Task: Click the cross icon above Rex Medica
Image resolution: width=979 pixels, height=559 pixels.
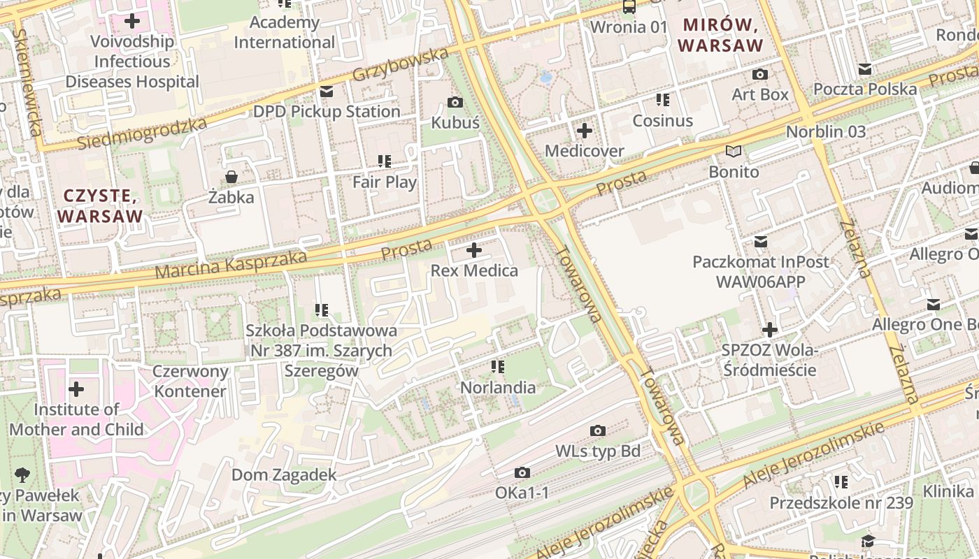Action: coord(474,249)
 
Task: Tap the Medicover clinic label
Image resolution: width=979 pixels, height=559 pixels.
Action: coord(584,151)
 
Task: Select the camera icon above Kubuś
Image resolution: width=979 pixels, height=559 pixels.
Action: coord(455,103)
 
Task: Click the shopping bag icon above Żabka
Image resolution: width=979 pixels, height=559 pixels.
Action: coord(231,177)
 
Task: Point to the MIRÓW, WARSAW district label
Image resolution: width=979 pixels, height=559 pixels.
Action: coord(720,36)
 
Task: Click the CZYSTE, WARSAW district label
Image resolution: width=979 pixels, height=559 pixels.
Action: coord(100,205)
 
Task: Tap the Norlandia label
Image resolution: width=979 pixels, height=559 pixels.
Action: coord(497,387)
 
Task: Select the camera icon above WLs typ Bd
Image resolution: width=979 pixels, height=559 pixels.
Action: coord(597,430)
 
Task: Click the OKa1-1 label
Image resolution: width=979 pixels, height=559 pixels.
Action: coord(522,493)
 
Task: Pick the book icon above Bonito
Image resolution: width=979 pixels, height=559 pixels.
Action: coord(733,151)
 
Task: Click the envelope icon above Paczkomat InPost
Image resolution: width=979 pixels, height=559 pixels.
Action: coord(760,242)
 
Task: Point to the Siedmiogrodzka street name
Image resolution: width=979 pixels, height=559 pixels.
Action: coord(142,133)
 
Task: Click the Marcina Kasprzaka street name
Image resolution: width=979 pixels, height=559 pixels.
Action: coord(231,265)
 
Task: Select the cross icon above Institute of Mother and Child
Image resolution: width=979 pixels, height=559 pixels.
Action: coord(76,389)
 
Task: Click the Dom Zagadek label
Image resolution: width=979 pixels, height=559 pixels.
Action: coord(284,475)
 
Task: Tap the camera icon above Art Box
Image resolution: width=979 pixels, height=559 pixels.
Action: coord(759,74)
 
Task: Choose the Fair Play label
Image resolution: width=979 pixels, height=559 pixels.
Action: coord(384,182)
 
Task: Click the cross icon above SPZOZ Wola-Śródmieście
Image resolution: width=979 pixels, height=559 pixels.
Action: coord(769,329)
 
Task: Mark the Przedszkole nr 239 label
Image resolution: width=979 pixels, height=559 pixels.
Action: coord(841,502)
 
